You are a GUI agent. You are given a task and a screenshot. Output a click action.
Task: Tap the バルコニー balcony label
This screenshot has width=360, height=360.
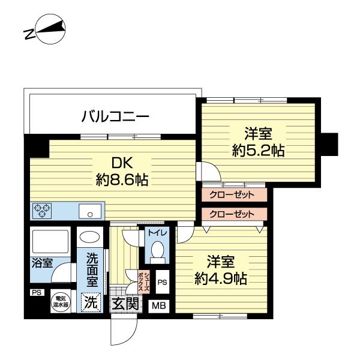(115, 116)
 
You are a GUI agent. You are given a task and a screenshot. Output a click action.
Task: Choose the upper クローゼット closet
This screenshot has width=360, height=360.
(232, 195)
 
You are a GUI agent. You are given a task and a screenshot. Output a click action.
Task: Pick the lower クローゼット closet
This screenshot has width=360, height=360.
(232, 214)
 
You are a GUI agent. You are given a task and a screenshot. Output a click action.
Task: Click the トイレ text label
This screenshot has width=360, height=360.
(158, 232)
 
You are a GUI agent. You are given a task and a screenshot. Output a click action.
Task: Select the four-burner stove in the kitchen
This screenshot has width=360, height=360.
(42, 211)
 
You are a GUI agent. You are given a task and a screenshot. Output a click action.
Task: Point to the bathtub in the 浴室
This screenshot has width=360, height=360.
(50, 241)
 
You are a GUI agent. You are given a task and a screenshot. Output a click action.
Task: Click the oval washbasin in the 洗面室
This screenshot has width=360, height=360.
(91, 237)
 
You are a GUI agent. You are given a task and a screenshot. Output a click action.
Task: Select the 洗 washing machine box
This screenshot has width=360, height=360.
(90, 302)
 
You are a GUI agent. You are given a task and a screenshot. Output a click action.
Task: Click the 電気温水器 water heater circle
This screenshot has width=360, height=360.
(61, 301)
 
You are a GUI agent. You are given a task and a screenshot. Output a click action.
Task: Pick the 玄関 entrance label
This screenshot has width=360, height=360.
(125, 304)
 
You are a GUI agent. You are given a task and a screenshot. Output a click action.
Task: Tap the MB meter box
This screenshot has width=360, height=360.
(159, 305)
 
